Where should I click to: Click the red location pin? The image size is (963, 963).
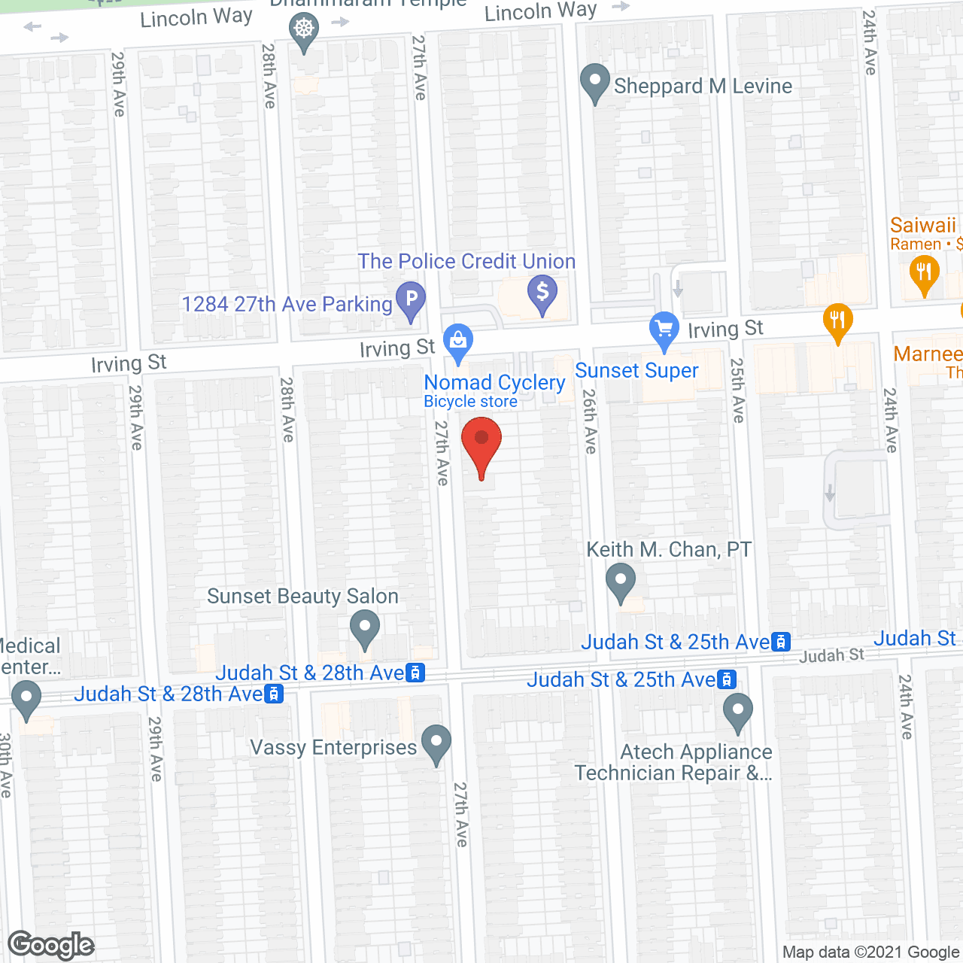click(481, 445)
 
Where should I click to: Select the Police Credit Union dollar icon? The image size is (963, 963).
click(542, 293)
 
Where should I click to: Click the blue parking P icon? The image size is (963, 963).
click(411, 299)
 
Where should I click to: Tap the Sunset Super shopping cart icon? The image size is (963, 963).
click(664, 330)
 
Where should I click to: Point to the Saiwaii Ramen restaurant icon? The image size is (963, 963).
click(924, 272)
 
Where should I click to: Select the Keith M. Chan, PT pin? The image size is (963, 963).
click(621, 582)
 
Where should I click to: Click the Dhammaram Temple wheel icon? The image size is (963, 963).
click(304, 31)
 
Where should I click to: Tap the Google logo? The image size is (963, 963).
click(51, 945)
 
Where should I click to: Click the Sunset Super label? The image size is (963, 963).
click(636, 371)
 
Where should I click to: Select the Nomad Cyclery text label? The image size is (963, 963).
click(494, 383)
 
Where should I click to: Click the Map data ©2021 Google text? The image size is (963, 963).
click(871, 952)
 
